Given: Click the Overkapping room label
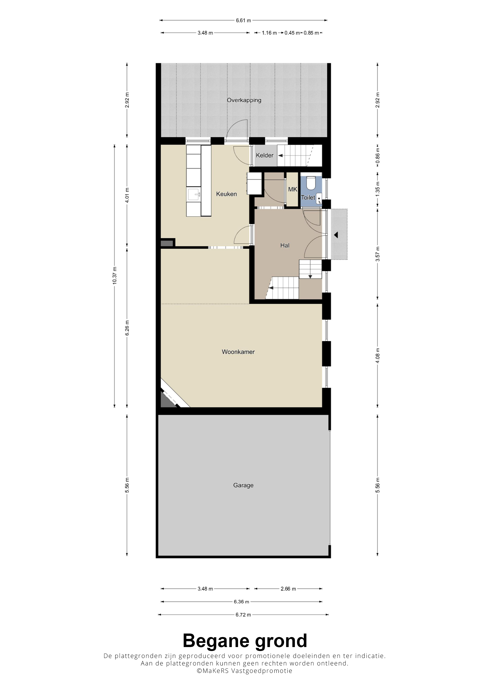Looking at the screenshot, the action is coord(244,100).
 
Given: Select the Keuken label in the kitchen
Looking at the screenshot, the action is coord(226,194).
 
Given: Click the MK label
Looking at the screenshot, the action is coord(292,189).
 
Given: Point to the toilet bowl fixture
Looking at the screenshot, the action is coord(311,183).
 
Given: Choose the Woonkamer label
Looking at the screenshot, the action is coord(238,352).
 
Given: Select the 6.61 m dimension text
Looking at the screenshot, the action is coord(243,20).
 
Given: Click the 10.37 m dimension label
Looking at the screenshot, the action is coord(115,276).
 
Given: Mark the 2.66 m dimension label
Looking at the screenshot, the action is coord(288,589).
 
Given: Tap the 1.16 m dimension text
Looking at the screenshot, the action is coord(269,33).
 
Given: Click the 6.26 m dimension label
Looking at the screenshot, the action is coord(127,328).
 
